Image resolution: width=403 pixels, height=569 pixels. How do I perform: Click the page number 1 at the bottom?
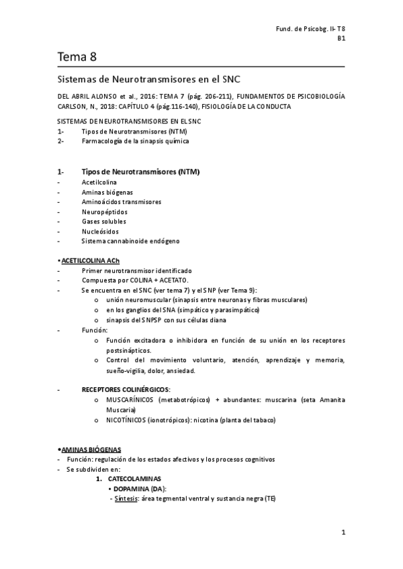(x=343, y=533)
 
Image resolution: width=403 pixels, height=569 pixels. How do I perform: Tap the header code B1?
(x=341, y=39)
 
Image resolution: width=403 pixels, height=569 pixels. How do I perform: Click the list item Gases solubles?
(x=104, y=221)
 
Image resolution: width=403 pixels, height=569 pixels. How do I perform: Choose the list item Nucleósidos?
(x=101, y=231)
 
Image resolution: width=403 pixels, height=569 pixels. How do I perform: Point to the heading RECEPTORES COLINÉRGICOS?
(x=126, y=390)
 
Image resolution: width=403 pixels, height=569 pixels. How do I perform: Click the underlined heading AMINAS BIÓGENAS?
(x=92, y=449)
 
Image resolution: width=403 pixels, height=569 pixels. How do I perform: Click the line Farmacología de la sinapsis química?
(x=135, y=142)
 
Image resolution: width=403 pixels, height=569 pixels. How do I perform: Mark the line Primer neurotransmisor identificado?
(x=136, y=270)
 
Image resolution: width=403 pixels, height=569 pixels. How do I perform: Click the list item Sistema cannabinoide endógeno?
(x=130, y=241)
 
